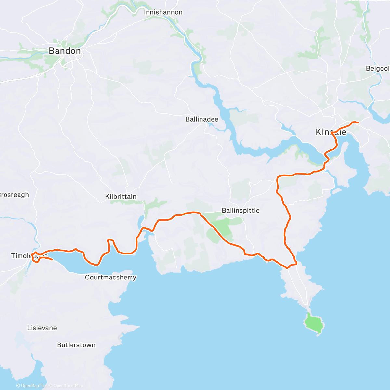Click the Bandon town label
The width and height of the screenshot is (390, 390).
point(65,51)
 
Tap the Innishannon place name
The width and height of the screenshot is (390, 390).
point(163,12)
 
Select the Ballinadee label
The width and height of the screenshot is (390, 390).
point(202,119)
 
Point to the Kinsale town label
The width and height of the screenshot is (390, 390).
point(331,132)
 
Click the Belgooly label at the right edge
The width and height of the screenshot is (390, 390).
point(378,68)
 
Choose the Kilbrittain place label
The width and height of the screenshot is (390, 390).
point(121,197)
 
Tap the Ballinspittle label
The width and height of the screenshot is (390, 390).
point(240,211)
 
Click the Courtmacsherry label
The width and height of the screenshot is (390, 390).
point(110,277)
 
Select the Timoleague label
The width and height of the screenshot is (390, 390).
point(29,256)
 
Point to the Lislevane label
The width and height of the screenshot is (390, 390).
point(42,328)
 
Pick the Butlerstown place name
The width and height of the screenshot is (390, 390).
point(76,345)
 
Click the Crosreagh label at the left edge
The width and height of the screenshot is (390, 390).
point(14,195)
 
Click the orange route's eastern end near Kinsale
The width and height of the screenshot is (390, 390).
point(358,122)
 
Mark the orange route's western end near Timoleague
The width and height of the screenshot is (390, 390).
point(52,260)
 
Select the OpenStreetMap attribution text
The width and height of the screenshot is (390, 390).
point(68,386)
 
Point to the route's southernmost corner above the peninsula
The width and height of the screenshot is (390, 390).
point(287,268)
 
